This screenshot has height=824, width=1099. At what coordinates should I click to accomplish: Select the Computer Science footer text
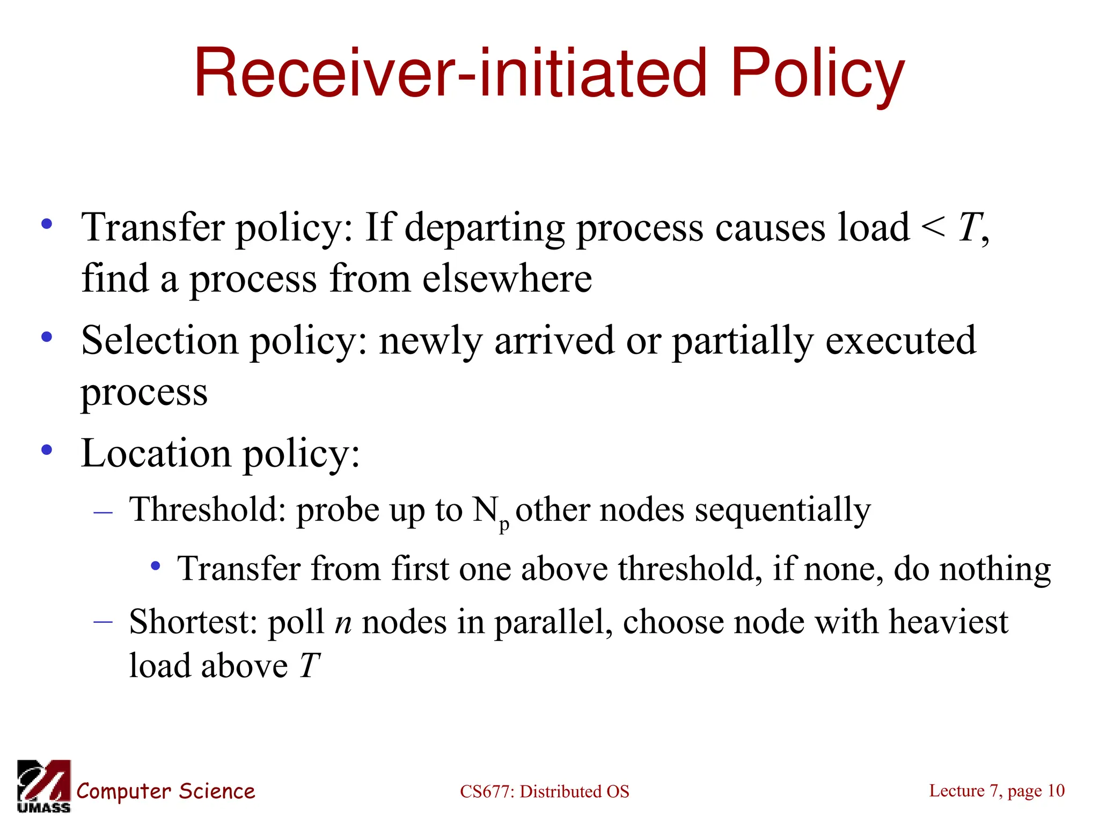pos(166,791)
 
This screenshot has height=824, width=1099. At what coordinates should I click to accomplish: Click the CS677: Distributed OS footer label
pos(544,791)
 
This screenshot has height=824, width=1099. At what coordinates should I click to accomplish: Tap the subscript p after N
pos(504,525)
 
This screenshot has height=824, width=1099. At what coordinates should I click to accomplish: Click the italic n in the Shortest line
pos(343,623)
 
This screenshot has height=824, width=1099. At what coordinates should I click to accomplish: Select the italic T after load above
pos(310,666)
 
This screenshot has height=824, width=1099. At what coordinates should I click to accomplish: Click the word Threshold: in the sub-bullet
pos(208,509)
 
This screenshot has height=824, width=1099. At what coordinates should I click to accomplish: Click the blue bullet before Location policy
pos(47,450)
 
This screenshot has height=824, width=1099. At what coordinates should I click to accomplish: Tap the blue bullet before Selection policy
pos(47,337)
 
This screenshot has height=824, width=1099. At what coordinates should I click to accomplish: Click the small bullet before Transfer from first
pos(156,565)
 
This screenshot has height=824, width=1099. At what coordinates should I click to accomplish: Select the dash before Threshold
pos(102,513)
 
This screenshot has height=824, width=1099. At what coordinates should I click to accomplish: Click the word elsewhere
pos(507,279)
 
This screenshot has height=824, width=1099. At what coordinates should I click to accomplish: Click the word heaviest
pos(948,622)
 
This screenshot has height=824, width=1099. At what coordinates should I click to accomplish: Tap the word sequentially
pos(782,510)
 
